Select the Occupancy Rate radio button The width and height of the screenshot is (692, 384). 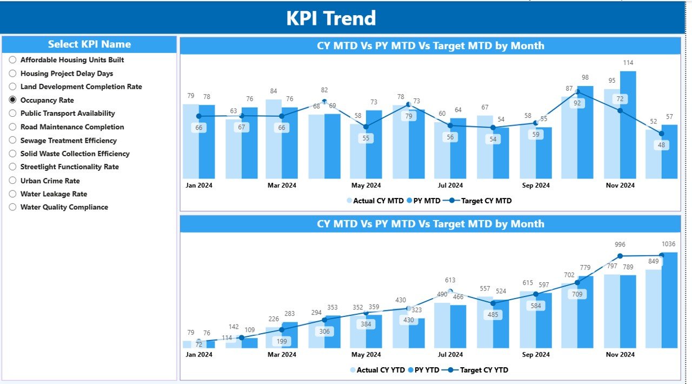pyautogui.click(x=12, y=100)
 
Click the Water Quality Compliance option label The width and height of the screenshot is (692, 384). pyautogui.click(x=64, y=207)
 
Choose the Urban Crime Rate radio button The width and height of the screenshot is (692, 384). pyautogui.click(x=12, y=181)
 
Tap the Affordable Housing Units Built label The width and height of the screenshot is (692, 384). pyautogui.click(x=72, y=60)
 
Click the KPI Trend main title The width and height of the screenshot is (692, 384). pyautogui.click(x=331, y=18)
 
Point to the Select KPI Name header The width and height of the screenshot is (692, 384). pyautogui.click(x=89, y=44)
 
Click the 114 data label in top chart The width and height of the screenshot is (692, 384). pyautogui.click(x=628, y=63)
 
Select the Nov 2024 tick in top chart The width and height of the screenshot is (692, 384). pyautogui.click(x=620, y=186)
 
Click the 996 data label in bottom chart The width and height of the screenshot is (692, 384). pyautogui.click(x=620, y=244)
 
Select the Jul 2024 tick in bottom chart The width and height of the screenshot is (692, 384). pyautogui.click(x=450, y=355)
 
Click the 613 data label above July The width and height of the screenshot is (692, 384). pyautogui.click(x=450, y=280)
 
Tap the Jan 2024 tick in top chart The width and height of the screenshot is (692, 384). pyautogui.click(x=198, y=186)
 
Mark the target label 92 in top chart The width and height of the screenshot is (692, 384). pyautogui.click(x=577, y=103)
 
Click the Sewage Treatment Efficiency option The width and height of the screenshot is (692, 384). pyautogui.click(x=68, y=141)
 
